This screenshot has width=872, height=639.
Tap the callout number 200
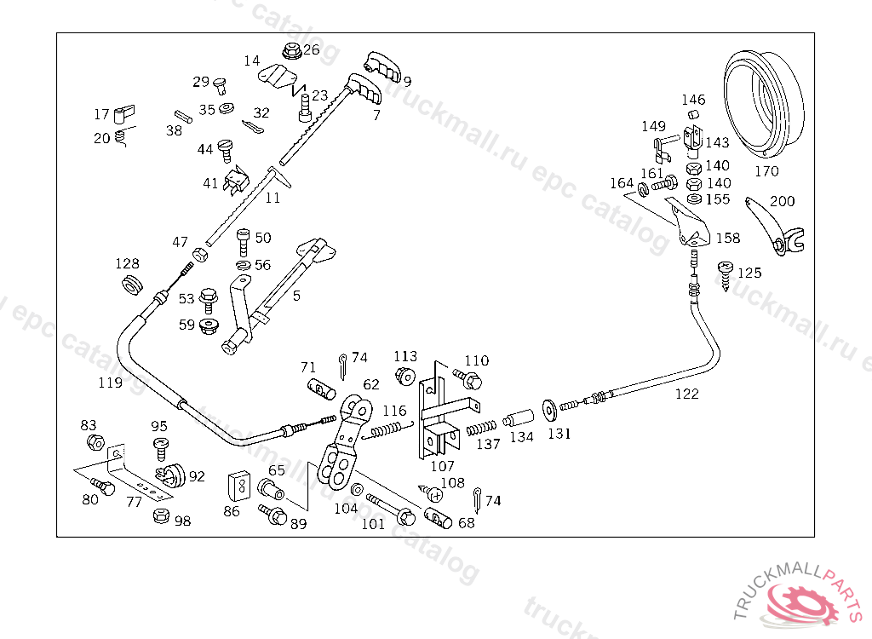click(x=782, y=201)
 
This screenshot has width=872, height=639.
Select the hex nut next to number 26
click(x=291, y=51)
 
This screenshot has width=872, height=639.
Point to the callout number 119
click(x=110, y=383)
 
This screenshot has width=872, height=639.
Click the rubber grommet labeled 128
click(x=132, y=284)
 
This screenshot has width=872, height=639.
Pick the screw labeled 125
click(x=726, y=275)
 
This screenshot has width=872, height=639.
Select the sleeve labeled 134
click(x=519, y=418)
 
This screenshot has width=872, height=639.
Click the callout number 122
click(x=687, y=394)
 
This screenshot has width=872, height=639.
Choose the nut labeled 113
click(x=404, y=376)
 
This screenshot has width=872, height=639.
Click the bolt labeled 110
click(x=468, y=379)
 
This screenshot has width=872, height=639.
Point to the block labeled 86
click(x=238, y=486)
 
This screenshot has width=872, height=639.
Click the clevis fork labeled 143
click(x=693, y=139)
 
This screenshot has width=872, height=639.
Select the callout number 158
click(x=728, y=239)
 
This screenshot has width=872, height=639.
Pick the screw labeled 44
click(x=226, y=150)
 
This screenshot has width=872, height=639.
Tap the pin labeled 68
click(x=439, y=518)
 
